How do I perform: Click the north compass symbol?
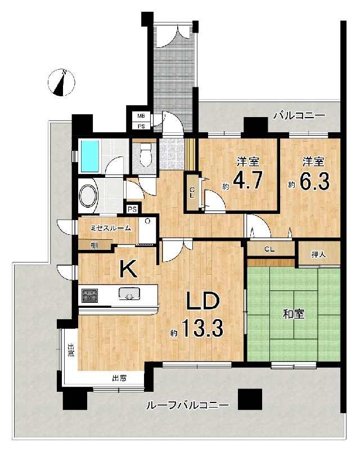(x=61, y=82)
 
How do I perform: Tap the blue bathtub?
(x=90, y=156)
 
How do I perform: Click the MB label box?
(x=141, y=116)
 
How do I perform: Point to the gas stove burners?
(x=89, y=296)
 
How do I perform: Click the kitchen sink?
(x=129, y=294)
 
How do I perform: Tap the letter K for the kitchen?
(x=128, y=269)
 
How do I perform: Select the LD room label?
(x=203, y=301)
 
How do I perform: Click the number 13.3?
(x=202, y=328)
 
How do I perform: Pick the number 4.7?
(x=247, y=180)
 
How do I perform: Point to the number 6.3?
(x=314, y=181)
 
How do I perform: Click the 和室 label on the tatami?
(x=294, y=314)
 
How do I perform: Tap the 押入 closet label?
(x=318, y=254)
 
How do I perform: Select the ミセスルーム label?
(x=111, y=228)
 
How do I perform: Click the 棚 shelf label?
(x=94, y=245)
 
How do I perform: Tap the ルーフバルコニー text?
(x=187, y=406)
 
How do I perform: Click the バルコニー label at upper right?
(x=299, y=116)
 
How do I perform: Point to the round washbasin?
(x=89, y=195)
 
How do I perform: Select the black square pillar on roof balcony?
(x=250, y=399)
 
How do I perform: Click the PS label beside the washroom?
(x=132, y=209)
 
